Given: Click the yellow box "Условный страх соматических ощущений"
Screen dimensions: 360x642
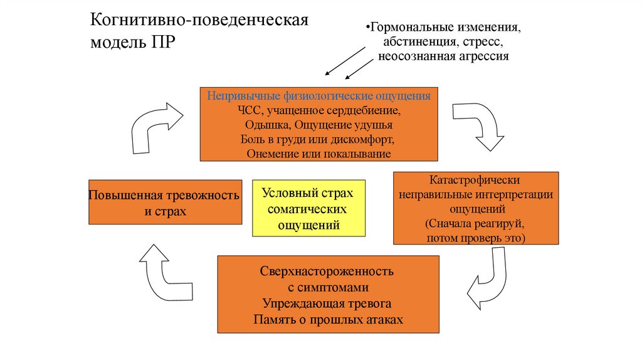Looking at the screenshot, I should pyautogui.click(x=308, y=208).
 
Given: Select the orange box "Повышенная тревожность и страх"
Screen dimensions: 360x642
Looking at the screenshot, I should pyautogui.click(x=166, y=202).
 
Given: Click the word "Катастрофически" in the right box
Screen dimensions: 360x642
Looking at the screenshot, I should pyautogui.click(x=475, y=180).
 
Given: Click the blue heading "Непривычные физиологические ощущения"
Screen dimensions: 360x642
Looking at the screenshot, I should pyautogui.click(x=319, y=97).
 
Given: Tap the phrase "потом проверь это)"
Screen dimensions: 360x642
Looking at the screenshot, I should pyautogui.click(x=475, y=238).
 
